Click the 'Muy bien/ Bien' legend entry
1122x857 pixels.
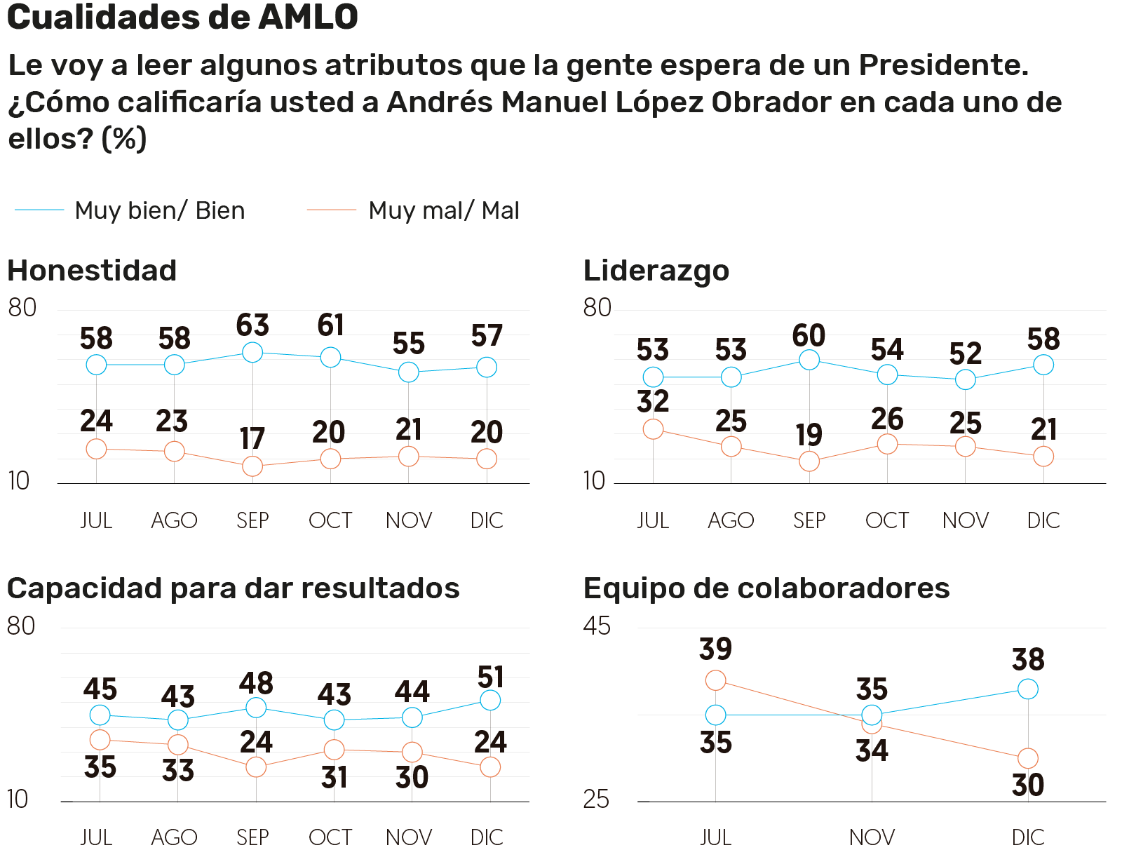pyautogui.click(x=159, y=210)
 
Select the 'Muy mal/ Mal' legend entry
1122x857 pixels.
pyautogui.click(x=443, y=210)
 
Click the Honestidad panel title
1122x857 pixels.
pyautogui.click(x=92, y=271)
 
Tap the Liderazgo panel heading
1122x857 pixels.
pyautogui.click(x=656, y=271)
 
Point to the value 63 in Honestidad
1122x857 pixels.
pyautogui.click(x=252, y=325)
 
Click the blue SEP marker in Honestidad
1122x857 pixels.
pyautogui.click(x=252, y=352)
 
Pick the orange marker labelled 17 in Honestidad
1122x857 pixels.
pyautogui.click(x=252, y=466)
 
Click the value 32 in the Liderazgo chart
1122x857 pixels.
pyautogui.click(x=653, y=402)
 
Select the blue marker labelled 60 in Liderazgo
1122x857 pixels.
pyautogui.click(x=809, y=360)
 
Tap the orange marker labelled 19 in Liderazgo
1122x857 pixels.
pyautogui.click(x=809, y=461)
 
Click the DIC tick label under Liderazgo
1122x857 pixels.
pyautogui.click(x=1043, y=520)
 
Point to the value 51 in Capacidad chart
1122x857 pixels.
pyautogui.click(x=490, y=677)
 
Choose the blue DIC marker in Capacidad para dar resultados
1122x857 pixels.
pyautogui.click(x=490, y=700)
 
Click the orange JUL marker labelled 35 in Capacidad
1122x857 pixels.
pyautogui.click(x=100, y=739)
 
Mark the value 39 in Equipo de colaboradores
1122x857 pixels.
pyautogui.click(x=715, y=649)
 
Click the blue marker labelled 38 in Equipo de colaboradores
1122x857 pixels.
pyautogui.click(x=1027, y=689)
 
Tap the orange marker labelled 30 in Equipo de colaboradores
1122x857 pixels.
pyautogui.click(x=1027, y=758)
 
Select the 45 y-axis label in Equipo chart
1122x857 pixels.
pyautogui.click(x=597, y=626)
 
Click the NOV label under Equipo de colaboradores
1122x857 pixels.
pyautogui.click(x=872, y=837)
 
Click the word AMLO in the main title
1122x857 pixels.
pyautogui.click(x=308, y=17)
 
